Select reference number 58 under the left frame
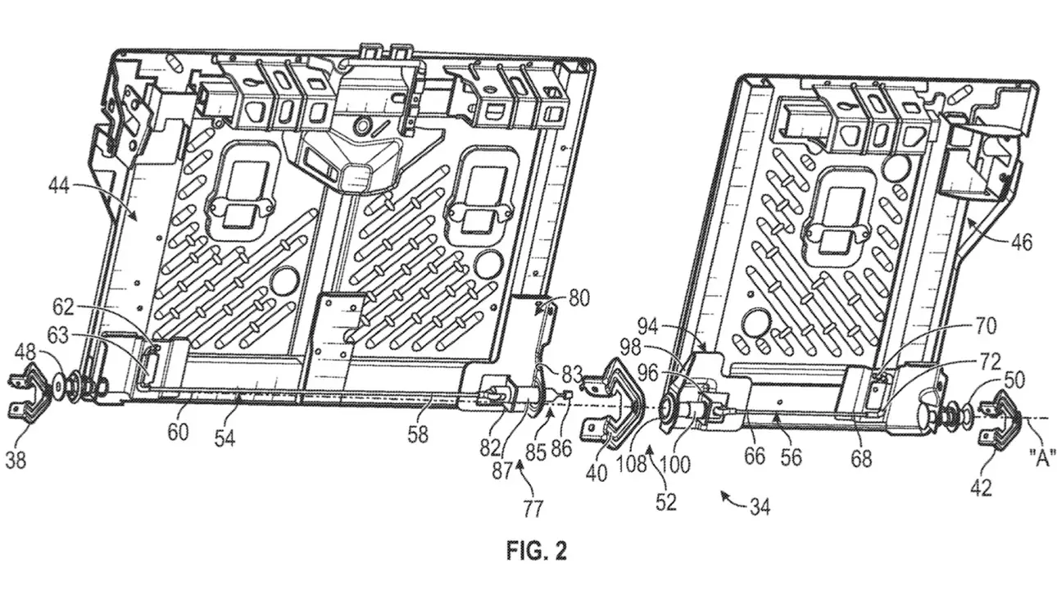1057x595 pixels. [418, 435]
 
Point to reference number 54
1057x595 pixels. [225, 438]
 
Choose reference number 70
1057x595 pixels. [984, 327]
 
